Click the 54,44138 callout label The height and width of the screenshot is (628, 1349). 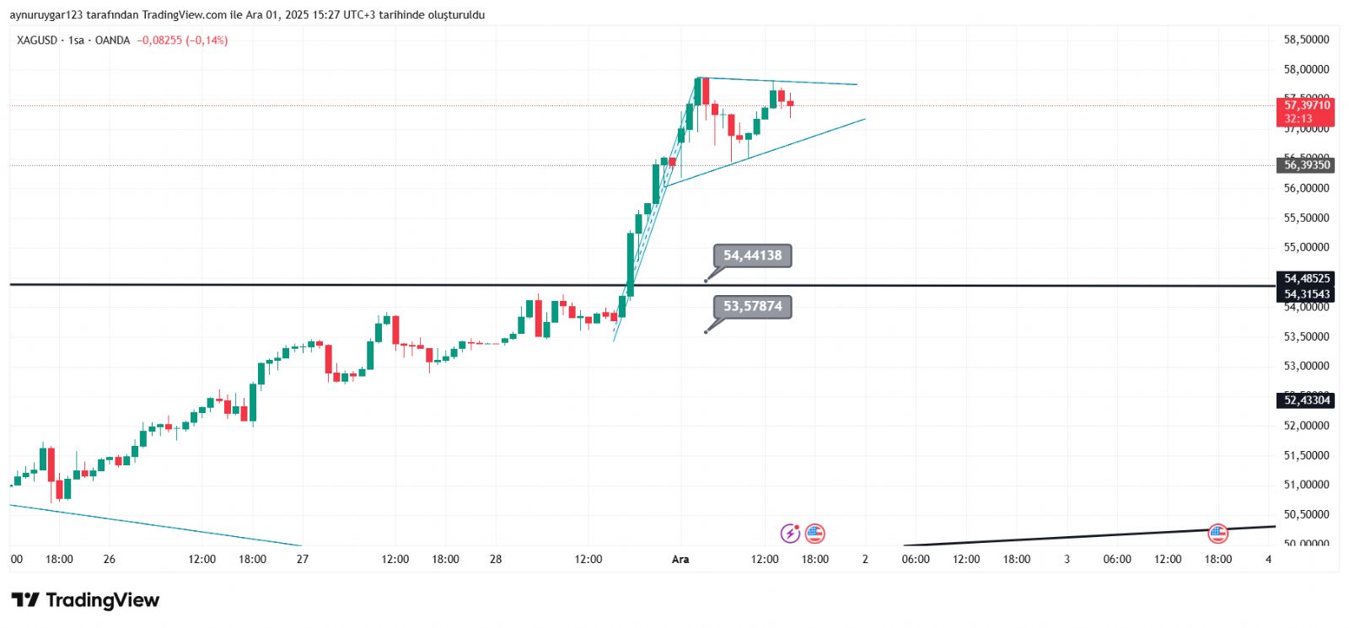click(x=752, y=255)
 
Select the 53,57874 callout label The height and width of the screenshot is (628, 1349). click(x=752, y=307)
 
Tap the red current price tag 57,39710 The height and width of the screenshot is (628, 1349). click(x=1306, y=106)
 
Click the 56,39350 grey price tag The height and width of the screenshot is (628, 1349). click(x=1306, y=165)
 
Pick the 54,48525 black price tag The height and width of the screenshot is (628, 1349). click(x=1306, y=278)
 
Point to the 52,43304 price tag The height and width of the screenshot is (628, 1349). click(x=1306, y=400)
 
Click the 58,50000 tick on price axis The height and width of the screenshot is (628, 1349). click(x=1306, y=40)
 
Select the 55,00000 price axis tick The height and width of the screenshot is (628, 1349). click(x=1306, y=248)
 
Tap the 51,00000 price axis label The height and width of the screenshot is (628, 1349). click(x=1306, y=485)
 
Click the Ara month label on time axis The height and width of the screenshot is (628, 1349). click(x=680, y=560)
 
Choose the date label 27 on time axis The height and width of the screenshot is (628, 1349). click(x=303, y=560)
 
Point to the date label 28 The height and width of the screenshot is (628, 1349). click(x=496, y=560)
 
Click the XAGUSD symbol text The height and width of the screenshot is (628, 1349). click(x=37, y=40)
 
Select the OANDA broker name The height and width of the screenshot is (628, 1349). click(x=112, y=40)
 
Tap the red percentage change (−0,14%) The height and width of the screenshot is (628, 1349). click(x=207, y=40)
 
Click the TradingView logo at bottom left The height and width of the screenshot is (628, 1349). click(x=85, y=600)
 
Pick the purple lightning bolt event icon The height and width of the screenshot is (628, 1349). click(x=790, y=533)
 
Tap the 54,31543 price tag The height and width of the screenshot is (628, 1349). click(x=1306, y=294)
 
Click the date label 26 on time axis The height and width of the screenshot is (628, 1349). click(x=109, y=560)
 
